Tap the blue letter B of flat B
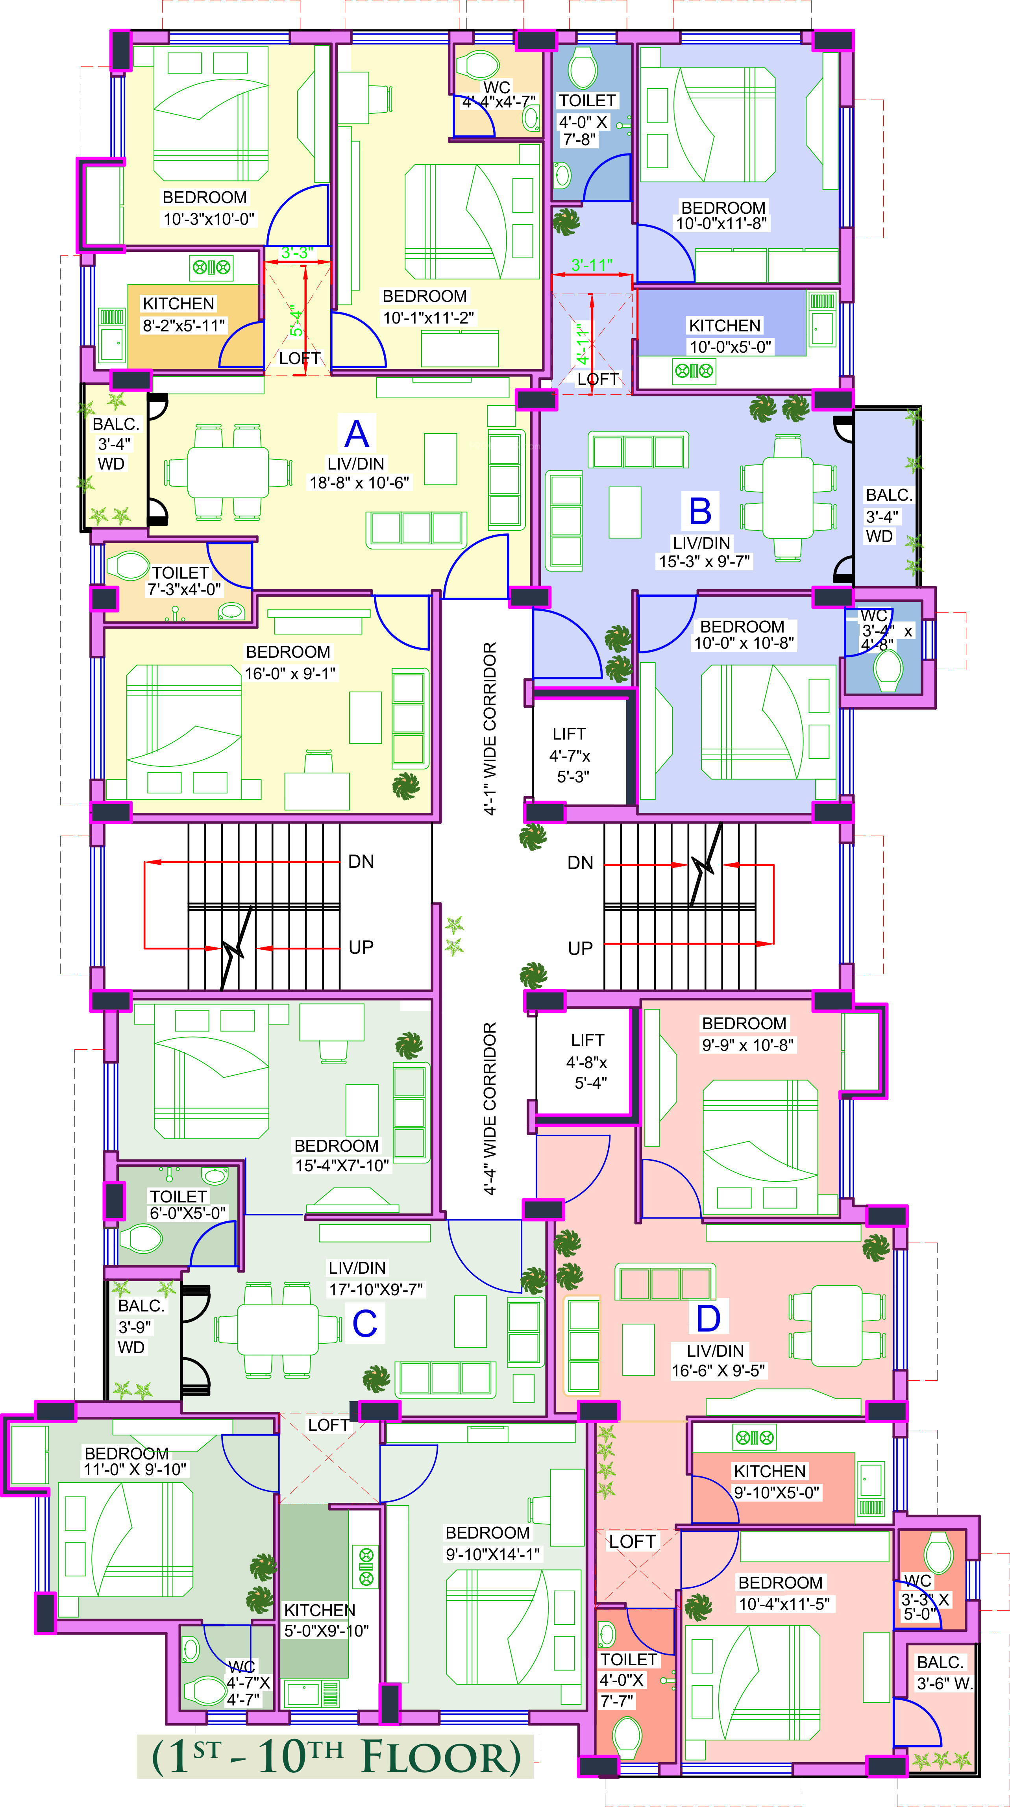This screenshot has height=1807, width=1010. pyautogui.click(x=700, y=511)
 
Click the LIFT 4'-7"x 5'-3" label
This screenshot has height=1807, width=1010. pyautogui.click(x=570, y=755)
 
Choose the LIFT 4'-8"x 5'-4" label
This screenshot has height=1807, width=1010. pyautogui.click(x=587, y=1061)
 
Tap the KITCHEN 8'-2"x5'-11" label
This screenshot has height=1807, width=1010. pyautogui.click(x=184, y=314)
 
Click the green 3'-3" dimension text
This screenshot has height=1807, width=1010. pyautogui.click(x=297, y=253)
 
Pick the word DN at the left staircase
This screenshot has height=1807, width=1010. pyautogui.click(x=361, y=862)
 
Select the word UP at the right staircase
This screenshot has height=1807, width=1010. pyautogui.click(x=580, y=949)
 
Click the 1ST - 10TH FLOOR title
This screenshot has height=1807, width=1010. pyautogui.click(x=337, y=1757)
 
